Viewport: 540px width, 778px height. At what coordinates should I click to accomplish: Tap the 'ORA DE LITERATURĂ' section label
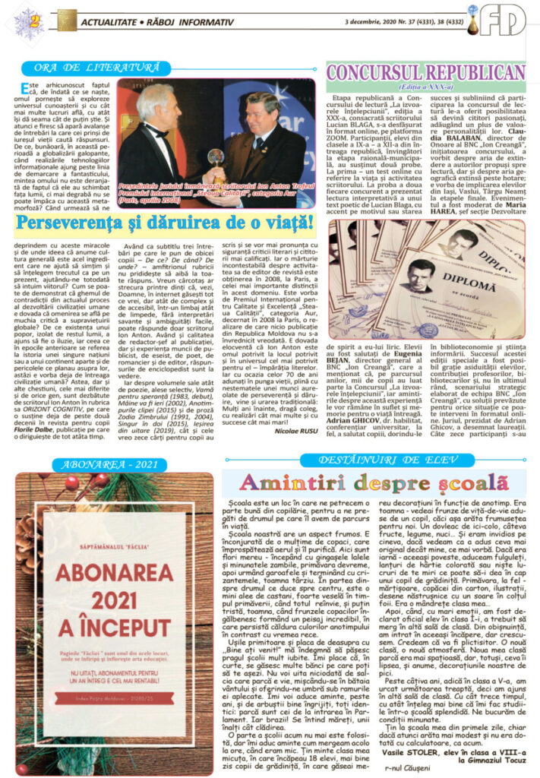pos(90,68)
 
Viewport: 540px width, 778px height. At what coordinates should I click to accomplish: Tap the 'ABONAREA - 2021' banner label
pos(113,465)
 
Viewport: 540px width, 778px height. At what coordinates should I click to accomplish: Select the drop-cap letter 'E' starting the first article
pos(27,88)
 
